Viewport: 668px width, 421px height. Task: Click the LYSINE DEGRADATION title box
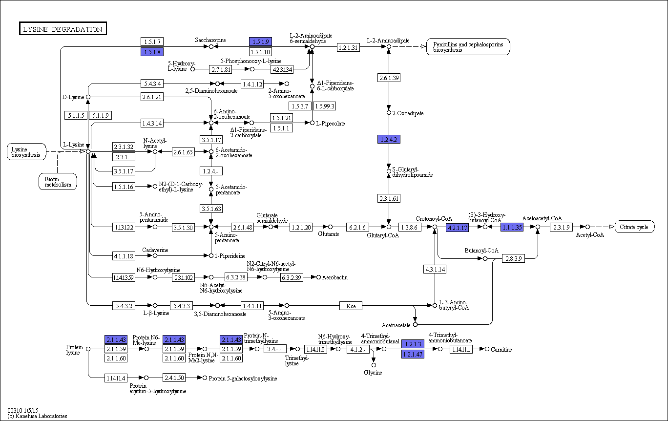(x=63, y=29)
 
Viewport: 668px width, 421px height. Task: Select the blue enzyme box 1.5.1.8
(x=151, y=51)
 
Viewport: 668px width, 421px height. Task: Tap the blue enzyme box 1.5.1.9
(x=260, y=42)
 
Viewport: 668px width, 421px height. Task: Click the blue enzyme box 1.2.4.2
(x=389, y=140)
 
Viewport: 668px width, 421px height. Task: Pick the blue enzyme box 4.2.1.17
(x=457, y=227)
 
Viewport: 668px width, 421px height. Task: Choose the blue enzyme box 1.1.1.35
(x=512, y=227)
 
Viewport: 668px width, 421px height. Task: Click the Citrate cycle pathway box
(x=634, y=227)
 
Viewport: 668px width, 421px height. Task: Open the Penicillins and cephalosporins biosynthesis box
(x=468, y=47)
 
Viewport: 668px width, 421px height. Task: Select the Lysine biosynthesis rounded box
(x=26, y=151)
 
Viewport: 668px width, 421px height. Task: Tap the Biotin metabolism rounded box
(x=58, y=181)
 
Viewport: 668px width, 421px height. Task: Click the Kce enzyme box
(x=351, y=306)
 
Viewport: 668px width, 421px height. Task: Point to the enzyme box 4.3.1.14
(x=435, y=269)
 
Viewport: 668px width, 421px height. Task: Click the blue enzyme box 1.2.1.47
(x=413, y=354)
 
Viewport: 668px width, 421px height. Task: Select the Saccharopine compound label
(x=210, y=40)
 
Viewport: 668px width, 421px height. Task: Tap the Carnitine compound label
(x=501, y=350)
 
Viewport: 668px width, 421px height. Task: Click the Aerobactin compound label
(x=335, y=277)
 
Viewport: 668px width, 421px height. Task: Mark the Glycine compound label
(x=373, y=373)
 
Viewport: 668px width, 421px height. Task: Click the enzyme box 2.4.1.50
(x=174, y=378)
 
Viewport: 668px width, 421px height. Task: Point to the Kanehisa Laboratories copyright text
(x=37, y=416)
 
